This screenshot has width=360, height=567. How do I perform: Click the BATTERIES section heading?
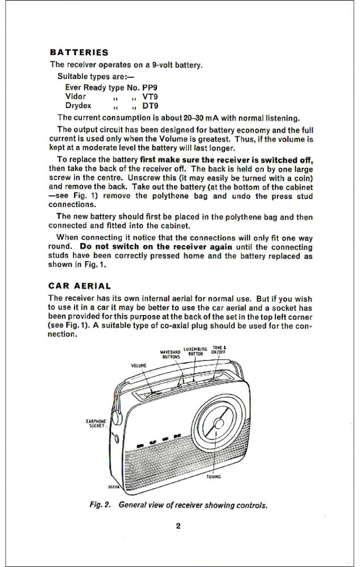(x=79, y=52)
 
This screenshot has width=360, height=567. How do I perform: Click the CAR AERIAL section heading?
(x=80, y=286)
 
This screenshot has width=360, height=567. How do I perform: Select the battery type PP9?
(x=150, y=88)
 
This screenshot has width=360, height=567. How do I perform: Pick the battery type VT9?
(x=150, y=97)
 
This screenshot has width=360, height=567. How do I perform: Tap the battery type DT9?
(x=150, y=106)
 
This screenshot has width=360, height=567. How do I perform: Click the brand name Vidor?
(x=76, y=97)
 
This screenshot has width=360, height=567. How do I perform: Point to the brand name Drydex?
(x=78, y=106)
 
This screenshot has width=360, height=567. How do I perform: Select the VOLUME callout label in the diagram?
(x=139, y=366)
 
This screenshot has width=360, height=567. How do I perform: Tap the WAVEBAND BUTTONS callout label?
(x=170, y=354)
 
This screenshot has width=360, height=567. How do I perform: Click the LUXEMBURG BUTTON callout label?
(x=196, y=351)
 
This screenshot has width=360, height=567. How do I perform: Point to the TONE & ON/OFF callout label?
(x=219, y=350)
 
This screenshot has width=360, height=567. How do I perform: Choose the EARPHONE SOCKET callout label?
(x=96, y=424)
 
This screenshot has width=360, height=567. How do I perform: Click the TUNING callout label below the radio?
(x=214, y=477)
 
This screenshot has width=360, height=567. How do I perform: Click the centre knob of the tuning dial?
(x=218, y=424)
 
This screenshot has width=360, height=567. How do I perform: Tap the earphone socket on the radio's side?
(x=117, y=438)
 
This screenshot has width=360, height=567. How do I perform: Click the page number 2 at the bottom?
(x=178, y=526)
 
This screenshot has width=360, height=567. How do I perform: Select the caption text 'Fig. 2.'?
(x=100, y=505)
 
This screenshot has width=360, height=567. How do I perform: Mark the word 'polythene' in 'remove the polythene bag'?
(x=170, y=196)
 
